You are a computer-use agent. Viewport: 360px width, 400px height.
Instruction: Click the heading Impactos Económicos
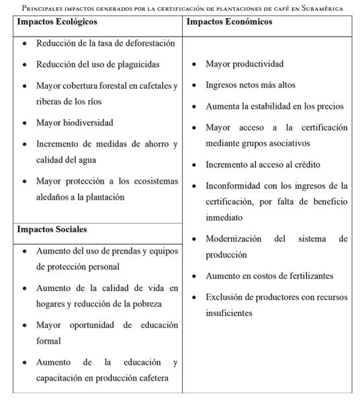tap(230, 22)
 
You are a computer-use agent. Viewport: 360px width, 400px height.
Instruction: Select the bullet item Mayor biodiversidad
tap(75, 123)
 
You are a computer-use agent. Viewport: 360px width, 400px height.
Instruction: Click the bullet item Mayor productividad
tap(244, 65)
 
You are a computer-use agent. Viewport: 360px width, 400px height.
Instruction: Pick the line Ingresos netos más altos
tap(250, 85)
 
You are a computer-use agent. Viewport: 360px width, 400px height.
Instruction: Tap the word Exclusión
tap(226, 297)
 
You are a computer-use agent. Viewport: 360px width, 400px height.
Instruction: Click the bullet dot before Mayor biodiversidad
tap(25, 124)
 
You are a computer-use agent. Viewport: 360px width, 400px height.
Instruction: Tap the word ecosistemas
tap(149, 182)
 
